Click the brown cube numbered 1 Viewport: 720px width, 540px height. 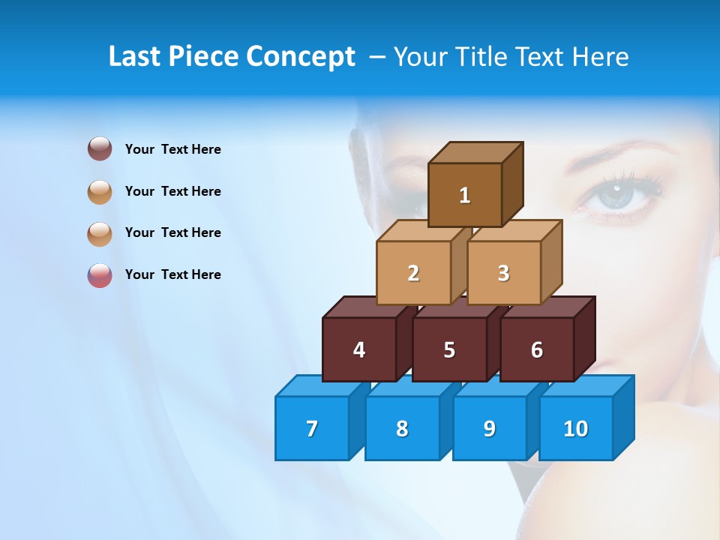[x=465, y=195]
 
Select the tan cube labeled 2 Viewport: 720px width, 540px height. [x=413, y=273]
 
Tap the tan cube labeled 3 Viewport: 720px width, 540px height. [x=503, y=273]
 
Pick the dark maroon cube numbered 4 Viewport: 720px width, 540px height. [x=359, y=349]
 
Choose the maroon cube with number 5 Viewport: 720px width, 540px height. [x=449, y=349]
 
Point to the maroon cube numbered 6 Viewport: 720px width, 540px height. [x=537, y=349]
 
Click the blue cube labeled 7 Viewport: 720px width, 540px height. [x=312, y=428]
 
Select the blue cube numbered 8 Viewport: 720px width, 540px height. [x=402, y=428]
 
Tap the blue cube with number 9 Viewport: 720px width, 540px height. [x=490, y=428]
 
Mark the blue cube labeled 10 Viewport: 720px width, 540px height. [x=576, y=428]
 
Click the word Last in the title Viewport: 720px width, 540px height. [x=135, y=56]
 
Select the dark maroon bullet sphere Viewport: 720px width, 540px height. [x=100, y=148]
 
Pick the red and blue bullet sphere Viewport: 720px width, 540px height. [x=100, y=274]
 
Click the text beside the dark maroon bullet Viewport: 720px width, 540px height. [x=173, y=149]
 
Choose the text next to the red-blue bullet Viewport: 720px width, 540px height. [x=173, y=274]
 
